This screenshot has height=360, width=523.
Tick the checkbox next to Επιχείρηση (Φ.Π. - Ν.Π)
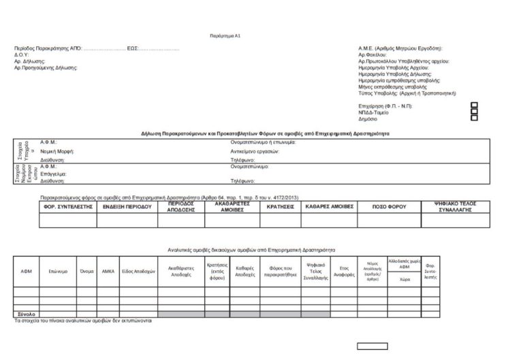[x=475, y=105]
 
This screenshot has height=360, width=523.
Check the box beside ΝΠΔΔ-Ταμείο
[x=475, y=112]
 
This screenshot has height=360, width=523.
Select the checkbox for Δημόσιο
[x=475, y=118]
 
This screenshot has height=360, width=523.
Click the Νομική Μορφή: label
[x=57, y=150]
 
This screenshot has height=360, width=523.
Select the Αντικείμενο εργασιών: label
[x=255, y=150]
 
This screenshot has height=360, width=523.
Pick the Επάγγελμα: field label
[x=54, y=174]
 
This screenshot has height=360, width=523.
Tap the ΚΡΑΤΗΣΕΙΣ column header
[x=280, y=206]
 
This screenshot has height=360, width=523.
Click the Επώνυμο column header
[x=58, y=271]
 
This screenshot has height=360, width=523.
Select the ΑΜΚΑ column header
[x=108, y=271]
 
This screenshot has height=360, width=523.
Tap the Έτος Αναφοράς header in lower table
[x=344, y=271]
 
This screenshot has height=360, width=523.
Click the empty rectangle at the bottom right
[x=372, y=346]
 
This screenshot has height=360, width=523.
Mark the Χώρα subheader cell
[x=404, y=278]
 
